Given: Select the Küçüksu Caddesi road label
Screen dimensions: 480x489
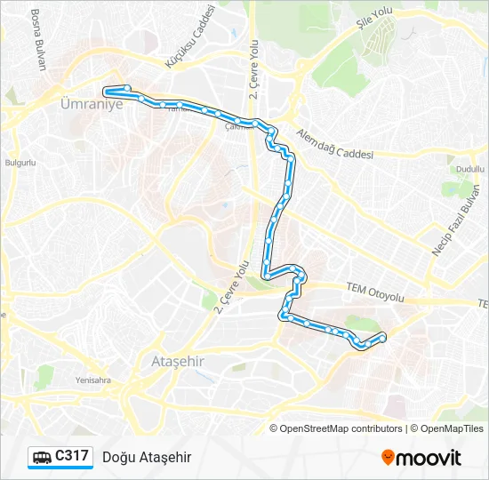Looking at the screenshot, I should [190, 36].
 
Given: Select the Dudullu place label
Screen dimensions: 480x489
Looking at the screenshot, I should [469, 168].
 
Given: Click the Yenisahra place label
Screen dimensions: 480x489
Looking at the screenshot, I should [92, 380].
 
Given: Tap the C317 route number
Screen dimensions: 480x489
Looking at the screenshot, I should [71, 456].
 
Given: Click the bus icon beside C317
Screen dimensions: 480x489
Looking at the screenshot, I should [42, 457].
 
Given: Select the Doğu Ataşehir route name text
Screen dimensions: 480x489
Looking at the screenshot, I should [147, 457].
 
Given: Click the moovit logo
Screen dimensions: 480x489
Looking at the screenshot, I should [421, 457].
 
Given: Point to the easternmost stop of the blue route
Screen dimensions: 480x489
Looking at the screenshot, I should [382, 337].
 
